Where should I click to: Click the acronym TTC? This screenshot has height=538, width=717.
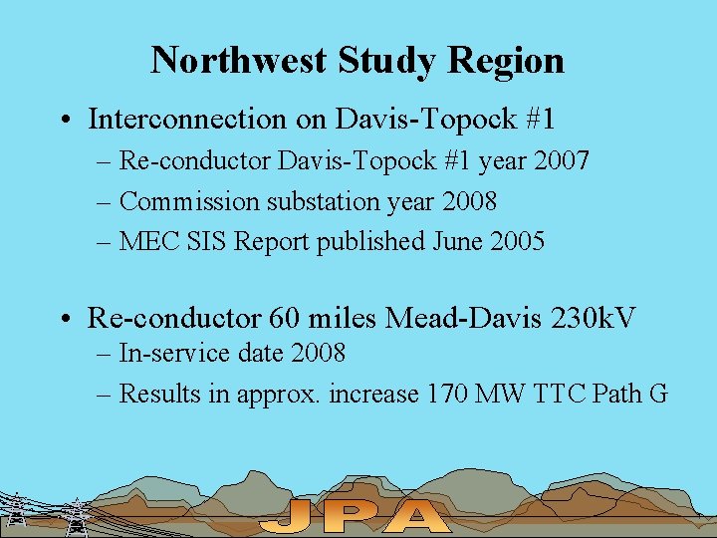click(553, 394)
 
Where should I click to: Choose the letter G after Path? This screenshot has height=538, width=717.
click(657, 394)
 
